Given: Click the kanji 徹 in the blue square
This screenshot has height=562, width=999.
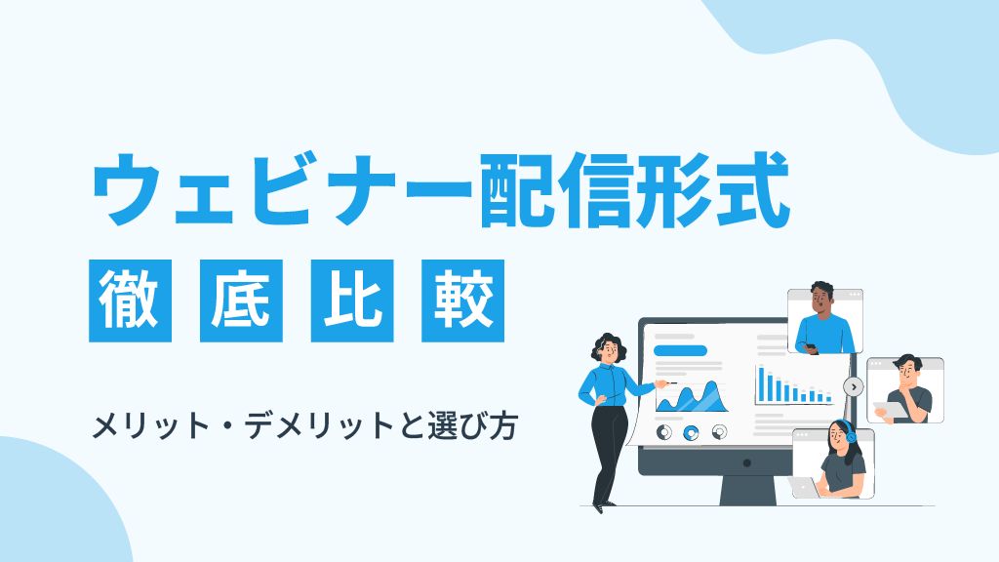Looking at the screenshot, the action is coord(130,301).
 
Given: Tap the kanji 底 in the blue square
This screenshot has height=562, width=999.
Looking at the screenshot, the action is coord(241,301).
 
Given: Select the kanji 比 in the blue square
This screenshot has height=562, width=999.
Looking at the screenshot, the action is coord(351,301).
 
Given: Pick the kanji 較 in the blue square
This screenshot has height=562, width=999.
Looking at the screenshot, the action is coord(463,301).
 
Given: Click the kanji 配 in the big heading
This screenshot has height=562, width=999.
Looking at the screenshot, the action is coord(517,189).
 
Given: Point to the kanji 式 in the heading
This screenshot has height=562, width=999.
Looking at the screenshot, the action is coord(752,189).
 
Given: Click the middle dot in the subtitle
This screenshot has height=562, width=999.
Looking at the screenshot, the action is coord(226,426).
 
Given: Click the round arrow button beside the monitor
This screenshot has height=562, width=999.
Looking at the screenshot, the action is coord(853,386).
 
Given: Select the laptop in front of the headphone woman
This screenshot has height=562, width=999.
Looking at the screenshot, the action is coord(804,488).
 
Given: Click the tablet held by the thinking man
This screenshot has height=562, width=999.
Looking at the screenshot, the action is coord(891,410).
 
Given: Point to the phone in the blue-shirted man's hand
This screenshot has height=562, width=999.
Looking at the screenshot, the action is coord(811,347).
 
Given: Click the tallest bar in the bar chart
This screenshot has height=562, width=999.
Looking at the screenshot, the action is coord(761,384).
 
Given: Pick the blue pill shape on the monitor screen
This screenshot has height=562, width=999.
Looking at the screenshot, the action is coord(680,350).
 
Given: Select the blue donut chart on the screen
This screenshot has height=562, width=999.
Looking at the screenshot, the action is coord(691,433).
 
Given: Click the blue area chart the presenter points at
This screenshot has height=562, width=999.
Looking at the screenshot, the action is coord(692,398).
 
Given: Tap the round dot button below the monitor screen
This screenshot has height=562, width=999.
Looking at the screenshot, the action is coord(746,463).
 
